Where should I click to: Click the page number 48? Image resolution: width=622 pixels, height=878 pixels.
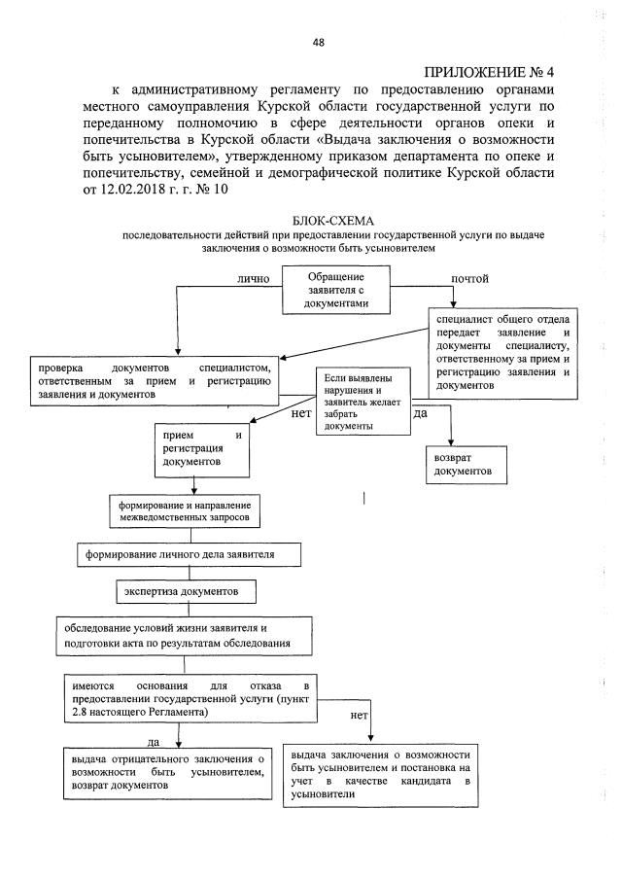(x=318, y=42)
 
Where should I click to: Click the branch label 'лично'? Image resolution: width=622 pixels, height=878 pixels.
(x=252, y=279)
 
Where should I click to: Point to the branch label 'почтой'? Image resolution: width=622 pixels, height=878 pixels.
(x=469, y=279)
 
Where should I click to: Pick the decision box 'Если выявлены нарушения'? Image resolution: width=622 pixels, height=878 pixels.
(x=362, y=402)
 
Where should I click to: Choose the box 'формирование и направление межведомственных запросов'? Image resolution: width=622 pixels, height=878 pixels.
(x=184, y=512)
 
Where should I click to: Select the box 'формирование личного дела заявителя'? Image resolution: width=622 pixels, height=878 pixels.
(x=188, y=554)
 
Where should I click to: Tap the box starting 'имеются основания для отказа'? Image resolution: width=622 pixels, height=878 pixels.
(x=186, y=699)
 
